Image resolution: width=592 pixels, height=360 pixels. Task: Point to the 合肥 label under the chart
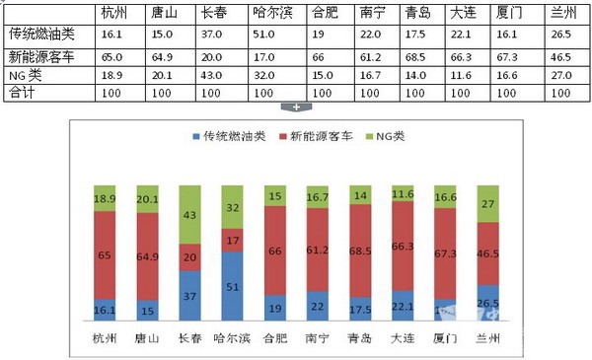275,337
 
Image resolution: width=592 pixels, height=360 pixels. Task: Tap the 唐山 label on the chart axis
147,337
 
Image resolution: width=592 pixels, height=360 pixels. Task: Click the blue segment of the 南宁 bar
318,307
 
